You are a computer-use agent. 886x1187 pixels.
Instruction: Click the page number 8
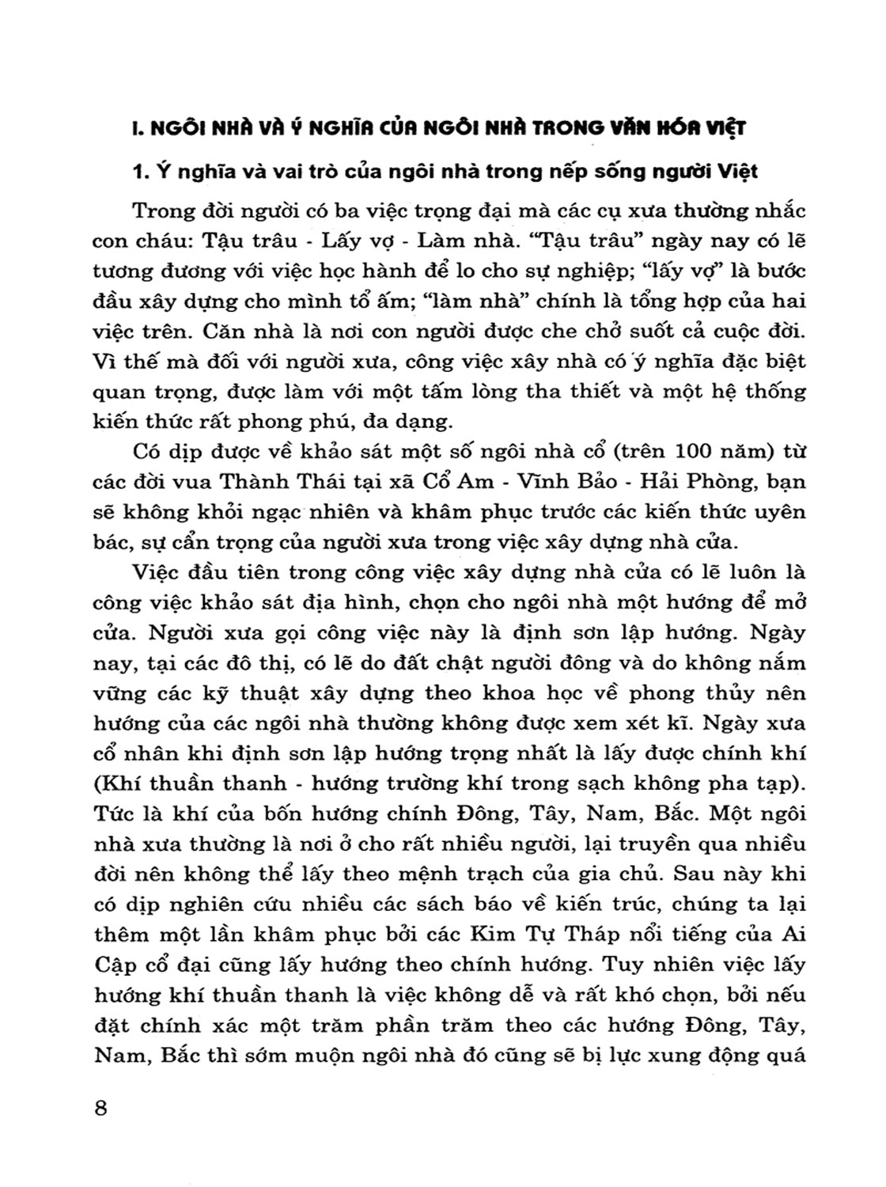click(100, 1107)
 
